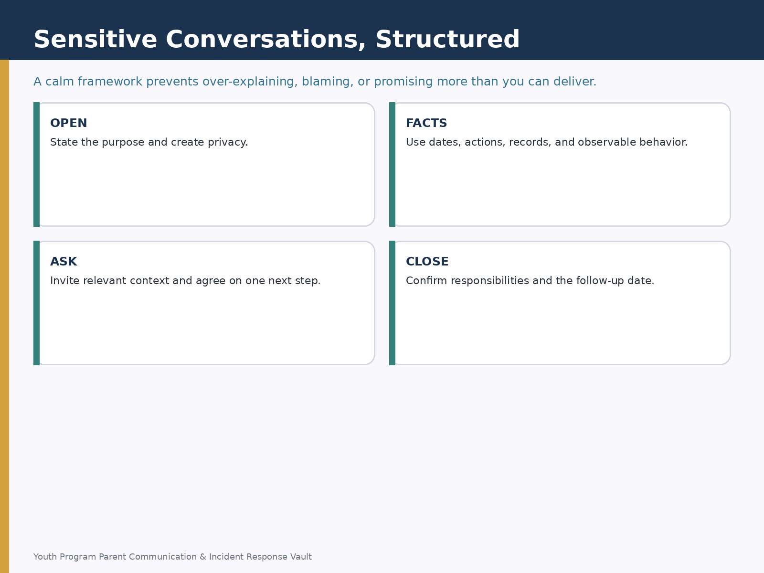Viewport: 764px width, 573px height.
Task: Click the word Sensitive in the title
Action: tap(95, 39)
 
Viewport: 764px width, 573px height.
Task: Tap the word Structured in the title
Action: tap(447, 39)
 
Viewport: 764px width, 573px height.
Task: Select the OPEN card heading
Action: tap(69, 123)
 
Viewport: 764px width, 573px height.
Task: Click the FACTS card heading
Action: tap(426, 123)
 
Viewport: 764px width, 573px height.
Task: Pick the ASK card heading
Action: tap(64, 262)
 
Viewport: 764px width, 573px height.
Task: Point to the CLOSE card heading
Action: tap(427, 262)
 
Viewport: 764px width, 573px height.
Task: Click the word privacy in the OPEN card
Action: tap(228, 143)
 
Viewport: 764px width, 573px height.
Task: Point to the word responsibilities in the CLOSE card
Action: tap(490, 281)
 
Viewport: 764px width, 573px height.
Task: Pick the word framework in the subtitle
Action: tap(110, 81)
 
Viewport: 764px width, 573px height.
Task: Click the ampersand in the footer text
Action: tap(203, 557)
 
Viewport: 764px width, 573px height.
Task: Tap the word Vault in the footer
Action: tap(301, 557)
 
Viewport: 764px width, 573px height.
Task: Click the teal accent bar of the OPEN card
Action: tap(37, 165)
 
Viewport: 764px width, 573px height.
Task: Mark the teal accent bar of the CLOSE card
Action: tap(393, 303)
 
